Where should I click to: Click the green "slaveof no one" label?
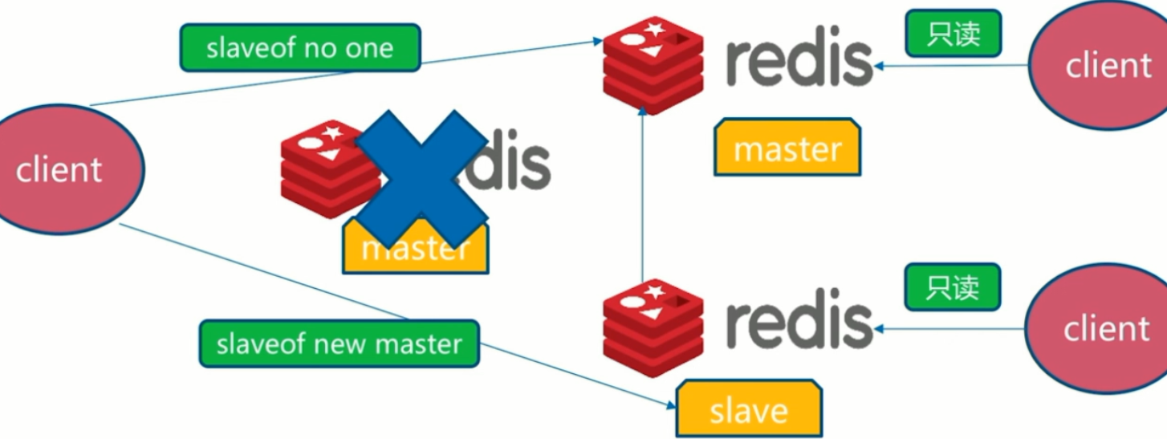click(x=299, y=48)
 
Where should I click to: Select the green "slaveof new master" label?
click(x=339, y=344)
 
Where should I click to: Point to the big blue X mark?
click(x=421, y=178)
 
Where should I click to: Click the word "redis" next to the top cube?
click(x=799, y=61)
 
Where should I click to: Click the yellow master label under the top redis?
click(x=787, y=148)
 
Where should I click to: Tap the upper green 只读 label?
click(x=953, y=33)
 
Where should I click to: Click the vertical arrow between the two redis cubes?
click(x=642, y=201)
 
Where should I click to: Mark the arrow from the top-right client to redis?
click(x=951, y=66)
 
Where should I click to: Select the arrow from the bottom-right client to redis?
click(x=951, y=328)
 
